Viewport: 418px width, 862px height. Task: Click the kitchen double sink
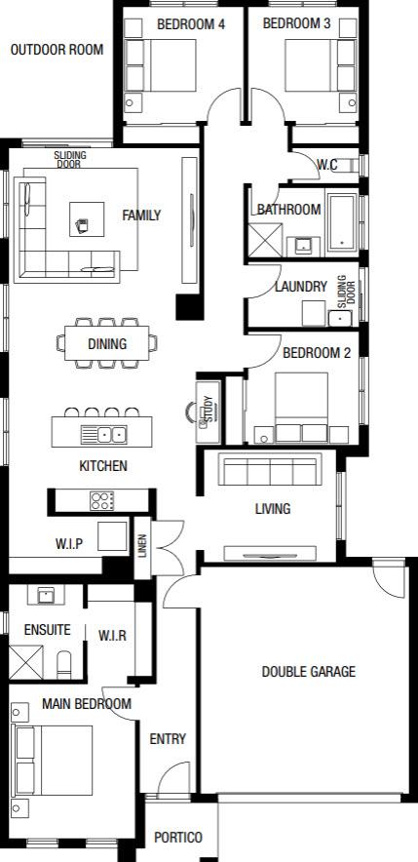(104, 435)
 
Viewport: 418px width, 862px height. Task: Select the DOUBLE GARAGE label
(308, 671)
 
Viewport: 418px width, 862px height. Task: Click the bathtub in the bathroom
(342, 221)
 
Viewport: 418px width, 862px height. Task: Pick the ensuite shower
(25, 662)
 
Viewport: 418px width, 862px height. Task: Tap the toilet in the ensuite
(64, 665)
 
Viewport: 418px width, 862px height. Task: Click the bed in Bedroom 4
(161, 65)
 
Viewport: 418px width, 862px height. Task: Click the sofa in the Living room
(270, 469)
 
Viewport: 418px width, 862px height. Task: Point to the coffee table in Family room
(87, 219)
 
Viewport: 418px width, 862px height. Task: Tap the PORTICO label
(178, 838)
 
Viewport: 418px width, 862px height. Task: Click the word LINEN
(142, 546)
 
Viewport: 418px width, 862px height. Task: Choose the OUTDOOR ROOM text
(57, 50)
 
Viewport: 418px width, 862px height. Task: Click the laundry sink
(340, 318)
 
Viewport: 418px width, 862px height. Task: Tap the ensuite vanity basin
(46, 594)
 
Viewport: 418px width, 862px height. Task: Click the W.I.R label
(112, 636)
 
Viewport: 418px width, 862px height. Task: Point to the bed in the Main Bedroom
(54, 761)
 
